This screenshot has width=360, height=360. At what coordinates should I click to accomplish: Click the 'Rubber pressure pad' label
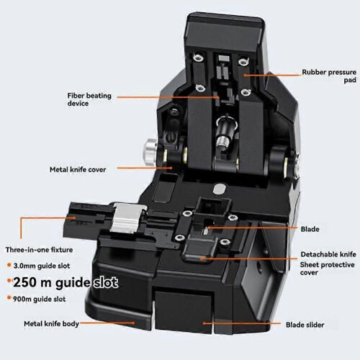[329, 76]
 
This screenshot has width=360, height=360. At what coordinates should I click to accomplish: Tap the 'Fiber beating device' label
[89, 99]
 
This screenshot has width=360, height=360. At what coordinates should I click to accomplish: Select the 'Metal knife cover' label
[78, 169]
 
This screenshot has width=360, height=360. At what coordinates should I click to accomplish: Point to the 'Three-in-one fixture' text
[39, 250]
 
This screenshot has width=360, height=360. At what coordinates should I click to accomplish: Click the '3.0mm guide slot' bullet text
[42, 266]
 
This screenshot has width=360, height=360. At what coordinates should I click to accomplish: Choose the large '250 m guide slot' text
[66, 282]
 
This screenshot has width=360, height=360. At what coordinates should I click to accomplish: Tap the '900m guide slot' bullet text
[40, 299]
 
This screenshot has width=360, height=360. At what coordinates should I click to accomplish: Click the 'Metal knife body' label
[51, 324]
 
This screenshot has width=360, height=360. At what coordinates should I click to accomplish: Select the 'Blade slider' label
[305, 325]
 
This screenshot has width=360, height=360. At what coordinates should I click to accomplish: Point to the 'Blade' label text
[310, 229]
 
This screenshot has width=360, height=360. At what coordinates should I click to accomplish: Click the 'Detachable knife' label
[328, 254]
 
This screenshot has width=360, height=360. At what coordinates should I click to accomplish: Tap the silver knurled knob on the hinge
[150, 151]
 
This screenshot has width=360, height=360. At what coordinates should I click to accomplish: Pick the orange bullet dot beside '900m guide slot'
[9, 298]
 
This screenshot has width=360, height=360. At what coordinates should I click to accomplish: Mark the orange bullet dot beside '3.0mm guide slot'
[9, 265]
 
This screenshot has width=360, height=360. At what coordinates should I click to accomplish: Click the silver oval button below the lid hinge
[219, 189]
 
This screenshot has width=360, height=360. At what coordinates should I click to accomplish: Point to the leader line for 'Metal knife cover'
[145, 168]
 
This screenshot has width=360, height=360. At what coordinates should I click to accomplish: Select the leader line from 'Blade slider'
[242, 323]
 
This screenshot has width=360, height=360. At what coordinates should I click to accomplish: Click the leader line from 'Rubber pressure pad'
[271, 75]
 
